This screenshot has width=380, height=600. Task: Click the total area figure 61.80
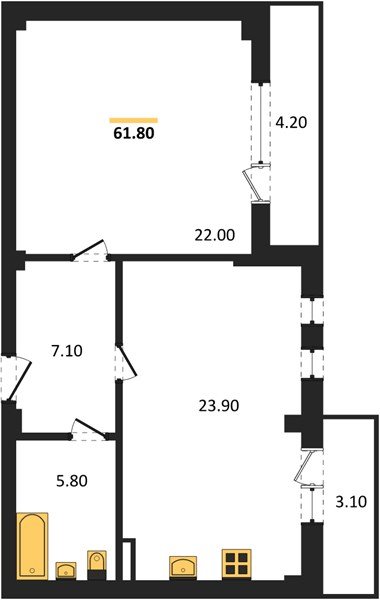[133, 130]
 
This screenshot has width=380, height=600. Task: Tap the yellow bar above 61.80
[133, 117]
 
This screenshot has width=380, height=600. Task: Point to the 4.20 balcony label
[292, 125]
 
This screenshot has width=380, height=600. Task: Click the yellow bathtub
[33, 544]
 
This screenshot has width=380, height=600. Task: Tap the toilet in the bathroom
[97, 562]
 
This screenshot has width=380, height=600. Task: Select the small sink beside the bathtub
[67, 570]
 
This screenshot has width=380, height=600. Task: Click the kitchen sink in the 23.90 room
[184, 567]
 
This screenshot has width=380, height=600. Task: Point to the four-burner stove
[238, 563]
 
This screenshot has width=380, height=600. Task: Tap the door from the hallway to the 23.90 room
[124, 362]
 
